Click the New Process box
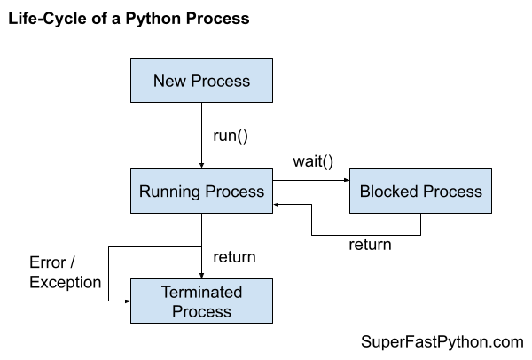[201, 82]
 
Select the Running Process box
[201, 192]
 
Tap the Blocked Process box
[420, 192]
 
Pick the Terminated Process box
[201, 301]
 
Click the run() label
[231, 136]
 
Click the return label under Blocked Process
[370, 244]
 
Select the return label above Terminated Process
[234, 257]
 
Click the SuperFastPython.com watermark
[442, 341]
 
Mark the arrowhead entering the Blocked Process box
[345, 182]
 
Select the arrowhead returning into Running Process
[277, 203]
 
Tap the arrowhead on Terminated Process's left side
[127, 301]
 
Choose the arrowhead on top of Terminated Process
[202, 276]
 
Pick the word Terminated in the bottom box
[201, 293]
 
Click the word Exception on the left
[66, 282]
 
